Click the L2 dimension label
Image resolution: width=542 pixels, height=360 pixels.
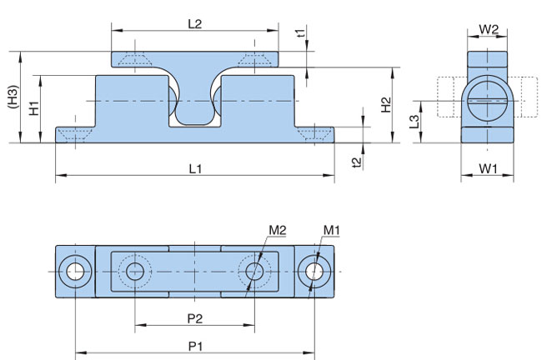tap(194, 24)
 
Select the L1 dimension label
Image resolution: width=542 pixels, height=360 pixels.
tap(195, 169)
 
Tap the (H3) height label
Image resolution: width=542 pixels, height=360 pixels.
tap(13, 97)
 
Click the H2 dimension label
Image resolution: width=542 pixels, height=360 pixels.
tap(386, 105)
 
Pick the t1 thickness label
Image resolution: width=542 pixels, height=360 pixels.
tap(301, 33)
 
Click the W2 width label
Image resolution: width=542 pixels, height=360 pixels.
tap(489, 30)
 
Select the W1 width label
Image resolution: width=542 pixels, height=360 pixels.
tap(488, 169)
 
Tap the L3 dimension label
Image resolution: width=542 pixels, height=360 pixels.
tap(414, 122)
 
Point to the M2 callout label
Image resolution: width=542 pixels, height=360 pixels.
tap(278, 231)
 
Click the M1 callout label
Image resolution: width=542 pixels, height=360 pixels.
tap(332, 231)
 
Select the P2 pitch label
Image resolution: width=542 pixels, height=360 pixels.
tap(195, 318)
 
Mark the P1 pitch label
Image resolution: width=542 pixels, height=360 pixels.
tap(195, 346)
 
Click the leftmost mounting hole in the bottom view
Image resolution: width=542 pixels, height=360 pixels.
tap(75, 272)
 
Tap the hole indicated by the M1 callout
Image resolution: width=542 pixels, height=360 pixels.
tap(314, 272)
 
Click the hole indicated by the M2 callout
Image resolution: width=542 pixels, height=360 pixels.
tap(254, 272)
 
